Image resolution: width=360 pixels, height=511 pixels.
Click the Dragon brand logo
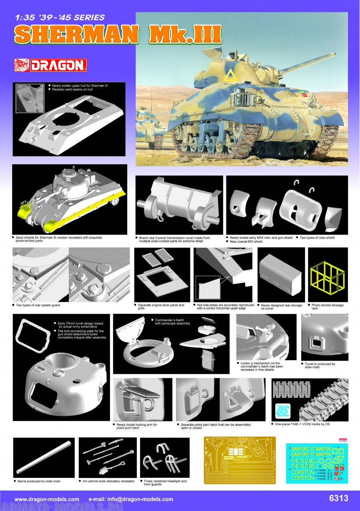(x=50, y=65)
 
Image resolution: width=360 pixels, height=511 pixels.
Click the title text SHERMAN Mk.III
(x=118, y=35)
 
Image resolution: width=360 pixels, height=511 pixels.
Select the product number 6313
(x=338, y=498)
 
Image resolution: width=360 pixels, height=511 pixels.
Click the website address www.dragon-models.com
(x=47, y=499)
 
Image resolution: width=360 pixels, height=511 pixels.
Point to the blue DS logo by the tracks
(x=282, y=410)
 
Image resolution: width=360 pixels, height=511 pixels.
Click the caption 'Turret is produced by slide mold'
(x=318, y=365)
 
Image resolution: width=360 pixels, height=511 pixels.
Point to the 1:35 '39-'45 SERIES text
(x=60, y=18)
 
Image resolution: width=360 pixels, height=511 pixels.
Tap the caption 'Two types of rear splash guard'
(x=38, y=305)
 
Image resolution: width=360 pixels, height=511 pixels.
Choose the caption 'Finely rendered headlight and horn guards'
(x=166, y=483)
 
